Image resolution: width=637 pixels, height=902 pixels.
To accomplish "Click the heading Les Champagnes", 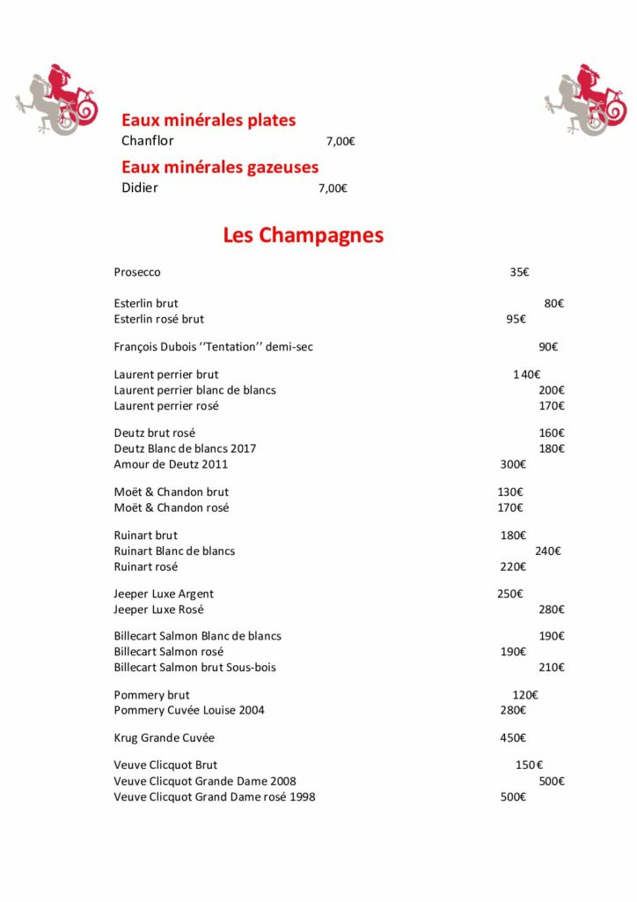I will (303, 236).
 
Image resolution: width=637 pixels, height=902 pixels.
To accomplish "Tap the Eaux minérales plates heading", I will (209, 121).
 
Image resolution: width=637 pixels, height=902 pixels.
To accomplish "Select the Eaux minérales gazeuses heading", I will (220, 167).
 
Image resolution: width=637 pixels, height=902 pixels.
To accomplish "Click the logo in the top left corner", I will (55, 100).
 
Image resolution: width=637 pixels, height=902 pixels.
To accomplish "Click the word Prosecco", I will (137, 272).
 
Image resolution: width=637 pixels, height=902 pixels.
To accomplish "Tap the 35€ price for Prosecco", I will (519, 272).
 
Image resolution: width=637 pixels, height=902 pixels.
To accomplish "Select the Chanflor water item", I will (148, 141).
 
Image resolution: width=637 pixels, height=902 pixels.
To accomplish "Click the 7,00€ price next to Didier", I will (333, 188).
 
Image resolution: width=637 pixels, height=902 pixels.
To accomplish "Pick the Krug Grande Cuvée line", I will (165, 737).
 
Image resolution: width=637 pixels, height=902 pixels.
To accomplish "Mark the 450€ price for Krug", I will (513, 737).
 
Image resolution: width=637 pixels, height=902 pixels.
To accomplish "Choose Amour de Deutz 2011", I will (171, 464).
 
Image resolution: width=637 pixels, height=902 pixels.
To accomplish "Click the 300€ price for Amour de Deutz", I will (513, 464).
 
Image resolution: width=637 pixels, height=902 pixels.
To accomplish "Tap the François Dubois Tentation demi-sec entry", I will (213, 347).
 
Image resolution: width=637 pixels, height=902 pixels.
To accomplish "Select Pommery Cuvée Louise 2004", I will (189, 710).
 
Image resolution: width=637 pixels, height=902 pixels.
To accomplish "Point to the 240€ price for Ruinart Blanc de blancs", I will (548, 551).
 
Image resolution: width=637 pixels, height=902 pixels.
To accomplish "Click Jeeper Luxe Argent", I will (164, 594).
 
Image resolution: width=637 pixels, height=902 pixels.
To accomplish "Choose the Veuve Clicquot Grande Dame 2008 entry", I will (205, 781).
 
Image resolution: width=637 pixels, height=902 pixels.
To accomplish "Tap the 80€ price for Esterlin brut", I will (554, 303).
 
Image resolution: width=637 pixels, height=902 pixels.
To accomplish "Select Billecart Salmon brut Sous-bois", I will (194, 668).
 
